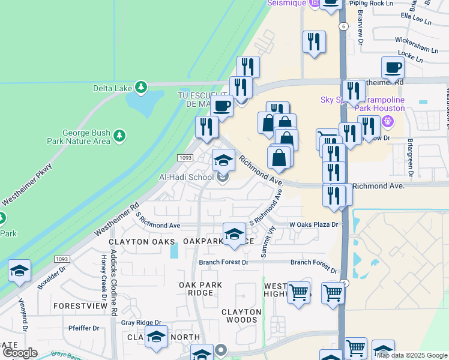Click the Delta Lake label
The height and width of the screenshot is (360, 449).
pyautogui.click(x=112, y=88)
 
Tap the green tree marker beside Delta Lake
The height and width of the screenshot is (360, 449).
pyautogui.click(x=141, y=88)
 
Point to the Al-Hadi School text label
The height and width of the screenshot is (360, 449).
pyautogui.click(x=186, y=177)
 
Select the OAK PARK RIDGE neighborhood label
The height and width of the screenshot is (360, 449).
pyautogui.click(x=200, y=289)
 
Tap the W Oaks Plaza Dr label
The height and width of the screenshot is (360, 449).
pyautogui.click(x=314, y=224)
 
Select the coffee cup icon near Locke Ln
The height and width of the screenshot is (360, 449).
pyautogui.click(x=393, y=68)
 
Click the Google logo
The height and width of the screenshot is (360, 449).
pyautogui.click(x=19, y=353)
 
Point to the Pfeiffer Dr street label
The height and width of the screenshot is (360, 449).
pyautogui.click(x=83, y=328)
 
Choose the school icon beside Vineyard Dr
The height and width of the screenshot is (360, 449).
pyautogui.click(x=19, y=271)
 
